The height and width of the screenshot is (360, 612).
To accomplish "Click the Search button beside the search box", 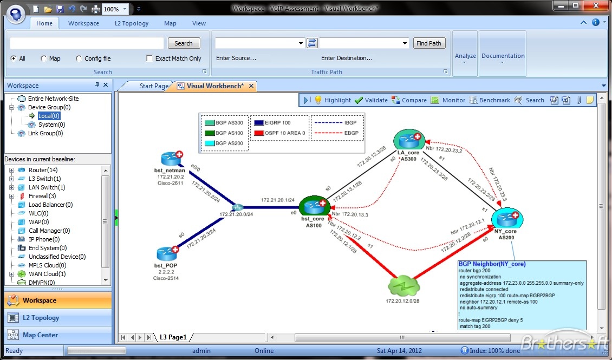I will point(184,43).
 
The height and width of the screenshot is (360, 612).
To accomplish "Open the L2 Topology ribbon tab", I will point(132,23).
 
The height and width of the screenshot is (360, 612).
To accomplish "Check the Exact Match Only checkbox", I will point(150,58).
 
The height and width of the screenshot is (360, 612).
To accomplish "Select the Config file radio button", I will point(80,58).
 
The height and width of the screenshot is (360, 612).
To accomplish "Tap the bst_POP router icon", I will point(166,253).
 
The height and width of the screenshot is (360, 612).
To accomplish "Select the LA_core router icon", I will point(408,141).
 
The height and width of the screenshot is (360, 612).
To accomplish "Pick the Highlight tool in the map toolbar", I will point(333,100).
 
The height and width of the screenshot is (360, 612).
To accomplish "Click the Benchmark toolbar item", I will point(489,100).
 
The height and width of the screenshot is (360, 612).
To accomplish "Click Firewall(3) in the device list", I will point(42,196).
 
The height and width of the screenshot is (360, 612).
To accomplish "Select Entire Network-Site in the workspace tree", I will point(53,99).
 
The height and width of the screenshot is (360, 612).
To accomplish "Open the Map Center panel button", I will point(40,335).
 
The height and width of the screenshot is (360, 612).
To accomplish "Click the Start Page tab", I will point(154,86).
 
